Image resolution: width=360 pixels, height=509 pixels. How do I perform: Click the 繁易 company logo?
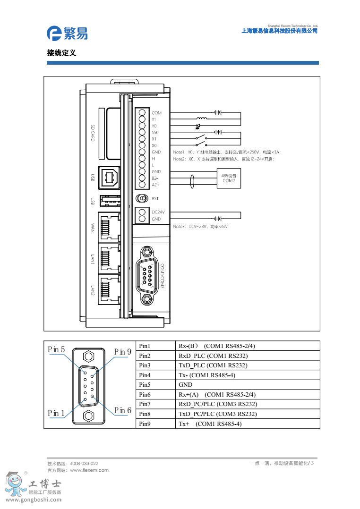coord(67,33)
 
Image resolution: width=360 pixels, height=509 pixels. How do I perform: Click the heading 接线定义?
coord(61,53)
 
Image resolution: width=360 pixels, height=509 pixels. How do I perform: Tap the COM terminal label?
coord(156,113)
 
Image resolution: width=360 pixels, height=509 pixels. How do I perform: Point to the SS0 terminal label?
coord(155,133)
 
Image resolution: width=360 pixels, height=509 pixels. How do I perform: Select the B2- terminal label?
coord(155,178)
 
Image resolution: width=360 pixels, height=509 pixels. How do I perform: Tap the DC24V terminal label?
coord(157,212)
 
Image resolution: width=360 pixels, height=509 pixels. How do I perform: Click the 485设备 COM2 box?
coord(229,178)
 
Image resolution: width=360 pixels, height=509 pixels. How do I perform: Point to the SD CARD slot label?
coord(93,134)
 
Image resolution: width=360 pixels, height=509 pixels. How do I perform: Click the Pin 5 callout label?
coord(56,350)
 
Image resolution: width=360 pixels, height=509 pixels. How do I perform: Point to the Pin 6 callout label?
coord(123,411)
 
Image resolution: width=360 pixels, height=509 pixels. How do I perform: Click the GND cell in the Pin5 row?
coord(185,385)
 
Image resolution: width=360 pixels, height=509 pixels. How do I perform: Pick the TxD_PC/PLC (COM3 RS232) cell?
coord(218,414)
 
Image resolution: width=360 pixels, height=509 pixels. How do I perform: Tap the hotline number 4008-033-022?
coord(84,464)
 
